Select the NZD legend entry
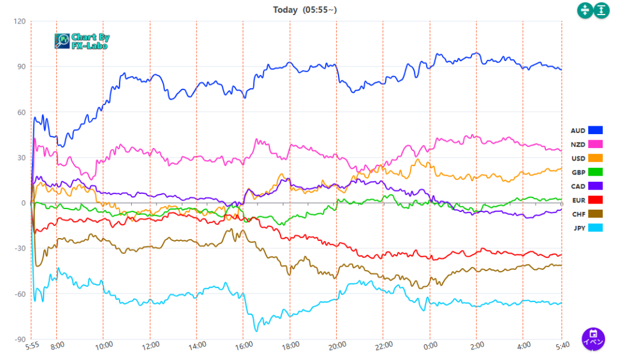pos(578,144)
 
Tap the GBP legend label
pos(578,172)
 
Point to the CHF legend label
pos(578,214)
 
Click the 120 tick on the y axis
pos(20,22)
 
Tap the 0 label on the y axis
pos(23,204)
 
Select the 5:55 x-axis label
pos(32,345)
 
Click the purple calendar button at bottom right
pos(594,338)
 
